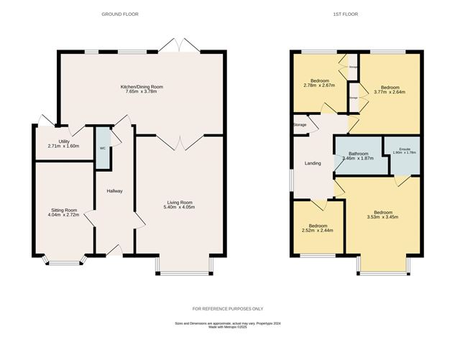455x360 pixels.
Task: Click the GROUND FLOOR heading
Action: click(119, 14)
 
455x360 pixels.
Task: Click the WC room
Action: click(103, 147)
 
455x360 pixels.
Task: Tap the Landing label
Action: click(313, 164)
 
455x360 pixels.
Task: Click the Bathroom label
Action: click(359, 153)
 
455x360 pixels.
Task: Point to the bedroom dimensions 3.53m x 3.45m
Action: click(382, 216)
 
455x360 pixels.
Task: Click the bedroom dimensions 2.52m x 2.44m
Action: click(316, 230)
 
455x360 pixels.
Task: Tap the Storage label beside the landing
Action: click(300, 125)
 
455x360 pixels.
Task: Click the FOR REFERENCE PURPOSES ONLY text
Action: click(227, 308)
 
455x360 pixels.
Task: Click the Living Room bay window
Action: click(183, 269)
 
